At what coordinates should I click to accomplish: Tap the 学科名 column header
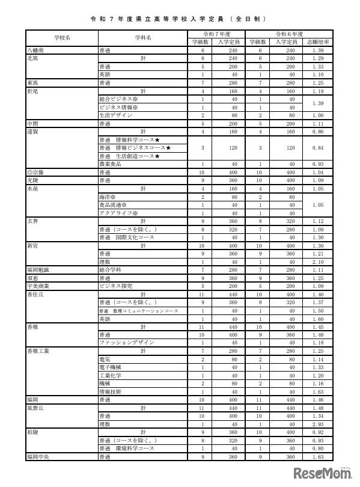point(142,37)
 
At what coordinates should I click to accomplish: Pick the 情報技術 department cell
point(112,391)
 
